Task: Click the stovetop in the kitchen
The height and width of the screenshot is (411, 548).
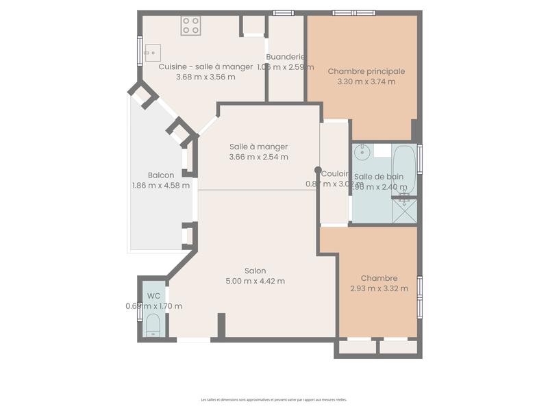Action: tap(191, 26)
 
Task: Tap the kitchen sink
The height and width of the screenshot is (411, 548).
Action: tap(152, 52)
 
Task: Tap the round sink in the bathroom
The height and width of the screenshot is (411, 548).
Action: tap(362, 152)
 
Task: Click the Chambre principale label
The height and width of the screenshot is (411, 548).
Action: tap(366, 71)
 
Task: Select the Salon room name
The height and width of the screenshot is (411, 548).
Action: tap(255, 271)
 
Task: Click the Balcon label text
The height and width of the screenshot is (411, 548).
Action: tap(160, 175)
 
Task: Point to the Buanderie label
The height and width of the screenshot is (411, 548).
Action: tap(285, 57)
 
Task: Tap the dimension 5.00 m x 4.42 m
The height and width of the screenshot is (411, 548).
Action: tap(255, 281)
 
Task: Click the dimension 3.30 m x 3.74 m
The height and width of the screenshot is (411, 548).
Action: tap(366, 82)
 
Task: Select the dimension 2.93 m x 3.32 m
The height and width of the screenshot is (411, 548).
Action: tap(379, 288)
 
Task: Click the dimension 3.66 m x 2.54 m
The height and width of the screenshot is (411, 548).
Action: tap(258, 157)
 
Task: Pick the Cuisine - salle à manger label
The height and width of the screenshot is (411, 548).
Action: tap(205, 66)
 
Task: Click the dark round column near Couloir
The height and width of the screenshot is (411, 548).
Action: tap(317, 170)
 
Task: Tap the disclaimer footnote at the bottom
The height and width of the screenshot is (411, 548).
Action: tap(274, 399)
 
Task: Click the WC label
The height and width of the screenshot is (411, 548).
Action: tap(153, 296)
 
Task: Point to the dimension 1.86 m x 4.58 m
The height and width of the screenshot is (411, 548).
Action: tap(160, 185)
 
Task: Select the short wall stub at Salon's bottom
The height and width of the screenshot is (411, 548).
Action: tap(221, 325)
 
